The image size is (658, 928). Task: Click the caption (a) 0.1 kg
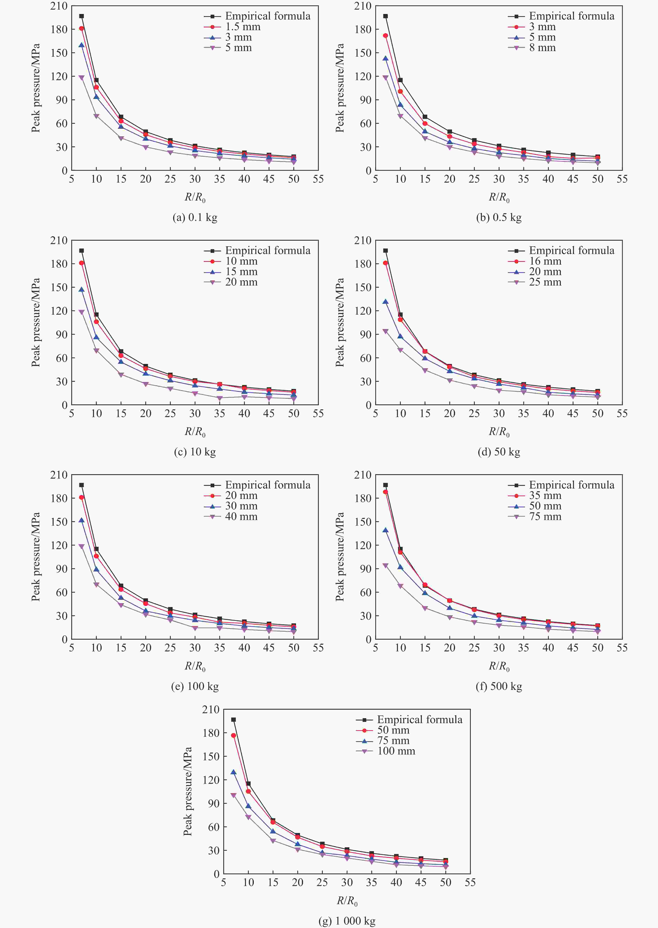[x=195, y=218]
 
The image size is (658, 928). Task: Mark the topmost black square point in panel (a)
[x=81, y=16]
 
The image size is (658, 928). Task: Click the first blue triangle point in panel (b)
[x=385, y=58]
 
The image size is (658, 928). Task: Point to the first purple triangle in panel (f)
[x=385, y=565]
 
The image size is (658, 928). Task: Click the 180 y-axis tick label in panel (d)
[x=363, y=264]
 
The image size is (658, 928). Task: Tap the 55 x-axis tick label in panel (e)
[x=318, y=648]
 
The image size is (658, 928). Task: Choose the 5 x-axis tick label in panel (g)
[x=224, y=882]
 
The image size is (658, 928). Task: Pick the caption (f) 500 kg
[x=499, y=686]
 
